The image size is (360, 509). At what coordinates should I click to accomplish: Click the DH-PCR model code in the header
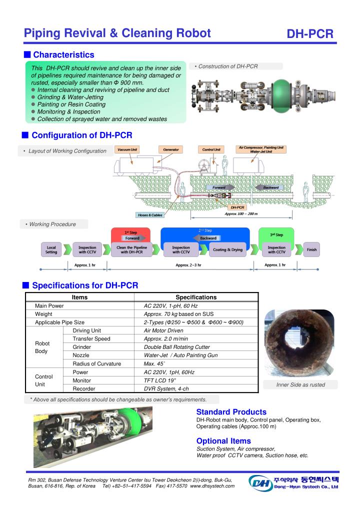coord(309,34)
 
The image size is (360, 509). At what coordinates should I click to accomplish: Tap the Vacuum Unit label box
coord(127,149)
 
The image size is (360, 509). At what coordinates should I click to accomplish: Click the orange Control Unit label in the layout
coord(211,149)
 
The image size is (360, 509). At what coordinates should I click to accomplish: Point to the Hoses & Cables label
coord(150,215)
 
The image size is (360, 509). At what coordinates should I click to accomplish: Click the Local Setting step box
coord(51,249)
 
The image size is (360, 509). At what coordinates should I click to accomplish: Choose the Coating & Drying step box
coord(227,249)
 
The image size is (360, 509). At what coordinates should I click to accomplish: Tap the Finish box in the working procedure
coord(312,249)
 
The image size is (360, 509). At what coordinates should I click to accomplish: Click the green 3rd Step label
coord(276,234)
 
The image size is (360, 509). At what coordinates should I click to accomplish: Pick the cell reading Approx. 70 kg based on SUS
coord(172,314)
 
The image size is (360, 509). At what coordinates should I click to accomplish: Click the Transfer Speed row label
coord(91,339)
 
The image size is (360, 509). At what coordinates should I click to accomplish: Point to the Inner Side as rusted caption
coord(300,384)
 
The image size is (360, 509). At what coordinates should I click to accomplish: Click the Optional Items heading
coord(223,441)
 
